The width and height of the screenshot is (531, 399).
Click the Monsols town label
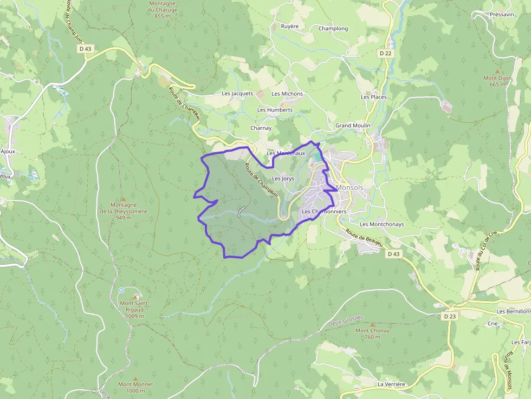coord(349,188)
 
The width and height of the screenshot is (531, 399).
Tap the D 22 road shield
coord(385,53)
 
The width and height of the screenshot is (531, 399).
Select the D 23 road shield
coord(449,316)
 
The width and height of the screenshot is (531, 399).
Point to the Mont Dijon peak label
coord(497,81)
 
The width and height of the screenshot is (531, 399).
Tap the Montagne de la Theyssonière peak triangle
coord(123,199)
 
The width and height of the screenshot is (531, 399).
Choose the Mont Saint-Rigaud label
coord(134,310)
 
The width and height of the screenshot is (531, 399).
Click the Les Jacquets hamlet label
coord(237,94)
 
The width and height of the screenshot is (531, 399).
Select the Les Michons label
coord(287,94)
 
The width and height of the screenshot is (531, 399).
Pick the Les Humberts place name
coord(275,110)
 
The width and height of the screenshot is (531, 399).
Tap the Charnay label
coord(261,128)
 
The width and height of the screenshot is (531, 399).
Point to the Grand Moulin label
coord(353,126)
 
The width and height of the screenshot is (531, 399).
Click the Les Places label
coord(374,97)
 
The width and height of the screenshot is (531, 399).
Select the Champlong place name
coord(333,29)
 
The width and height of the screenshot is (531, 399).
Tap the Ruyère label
coord(290,26)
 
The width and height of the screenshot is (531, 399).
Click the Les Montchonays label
coord(382,224)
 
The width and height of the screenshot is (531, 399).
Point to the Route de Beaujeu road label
coord(364,239)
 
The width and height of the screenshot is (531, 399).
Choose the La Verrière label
coord(391,384)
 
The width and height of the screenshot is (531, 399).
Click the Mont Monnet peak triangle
coord(135,379)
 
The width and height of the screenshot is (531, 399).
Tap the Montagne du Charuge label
coord(163,10)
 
